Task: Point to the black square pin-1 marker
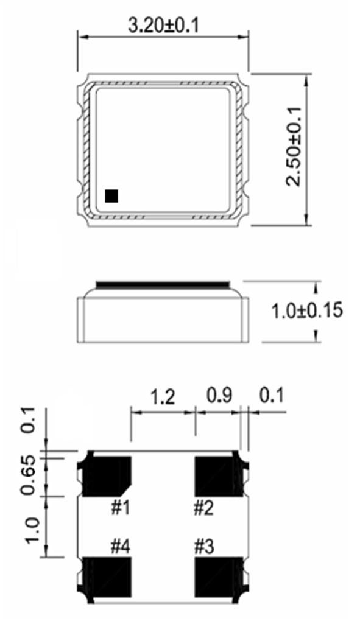(x=111, y=195)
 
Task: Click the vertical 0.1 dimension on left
(x=29, y=421)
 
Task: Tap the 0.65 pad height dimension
(x=29, y=475)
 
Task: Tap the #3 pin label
(x=204, y=545)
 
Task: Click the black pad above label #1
(x=108, y=475)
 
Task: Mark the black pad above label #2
(x=216, y=475)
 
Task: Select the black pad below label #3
(x=216, y=577)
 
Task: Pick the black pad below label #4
(x=108, y=577)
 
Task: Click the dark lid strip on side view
(x=163, y=284)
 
